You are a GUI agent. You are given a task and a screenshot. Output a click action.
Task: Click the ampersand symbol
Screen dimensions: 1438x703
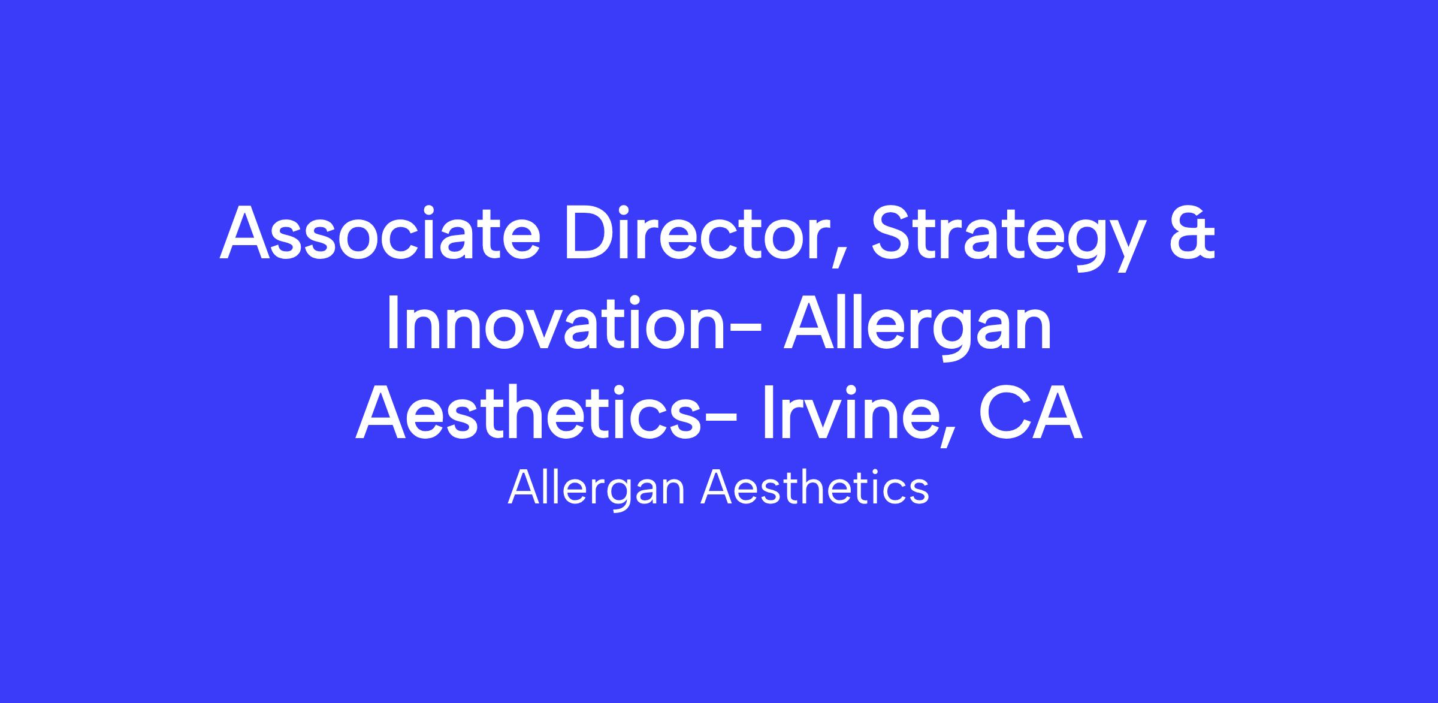point(1189,233)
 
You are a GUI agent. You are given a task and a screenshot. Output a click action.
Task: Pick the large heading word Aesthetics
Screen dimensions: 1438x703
point(528,413)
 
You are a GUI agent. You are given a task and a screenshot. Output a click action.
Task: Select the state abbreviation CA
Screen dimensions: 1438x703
point(1029,414)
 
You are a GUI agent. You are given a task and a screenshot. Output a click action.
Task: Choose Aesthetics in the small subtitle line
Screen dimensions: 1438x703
point(815,487)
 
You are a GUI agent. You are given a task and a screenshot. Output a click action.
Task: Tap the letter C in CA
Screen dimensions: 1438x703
point(1001,414)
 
